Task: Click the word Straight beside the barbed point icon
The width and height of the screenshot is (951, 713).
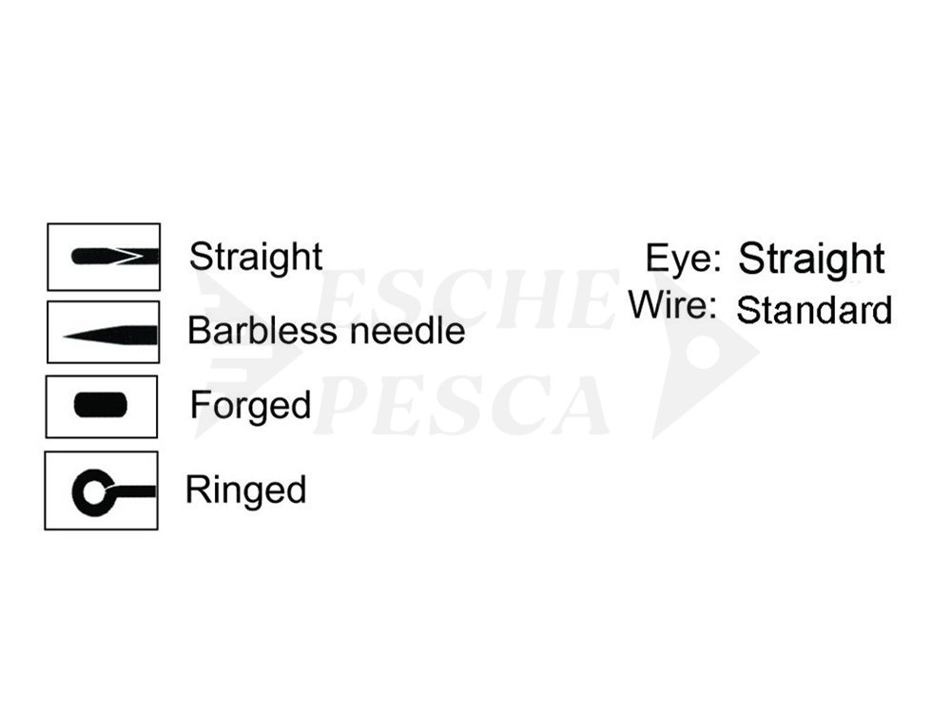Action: click(x=255, y=258)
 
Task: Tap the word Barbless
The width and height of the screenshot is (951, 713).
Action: click(x=262, y=331)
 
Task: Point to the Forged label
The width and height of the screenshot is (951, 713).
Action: click(x=250, y=406)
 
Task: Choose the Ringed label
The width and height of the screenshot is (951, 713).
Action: click(x=245, y=491)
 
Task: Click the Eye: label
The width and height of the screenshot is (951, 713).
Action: click(x=683, y=259)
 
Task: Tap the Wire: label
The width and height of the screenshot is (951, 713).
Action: click(x=672, y=304)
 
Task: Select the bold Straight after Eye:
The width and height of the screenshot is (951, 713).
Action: click(x=811, y=260)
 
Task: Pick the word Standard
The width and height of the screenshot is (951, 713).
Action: click(x=814, y=310)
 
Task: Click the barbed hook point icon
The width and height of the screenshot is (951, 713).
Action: click(x=115, y=257)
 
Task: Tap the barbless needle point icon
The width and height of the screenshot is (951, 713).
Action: click(x=110, y=336)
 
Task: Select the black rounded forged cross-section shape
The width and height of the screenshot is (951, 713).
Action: click(x=101, y=406)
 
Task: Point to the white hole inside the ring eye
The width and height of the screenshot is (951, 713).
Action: click(x=94, y=492)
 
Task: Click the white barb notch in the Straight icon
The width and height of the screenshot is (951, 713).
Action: click(x=132, y=257)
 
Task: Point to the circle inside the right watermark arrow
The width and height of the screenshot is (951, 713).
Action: click(x=704, y=352)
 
